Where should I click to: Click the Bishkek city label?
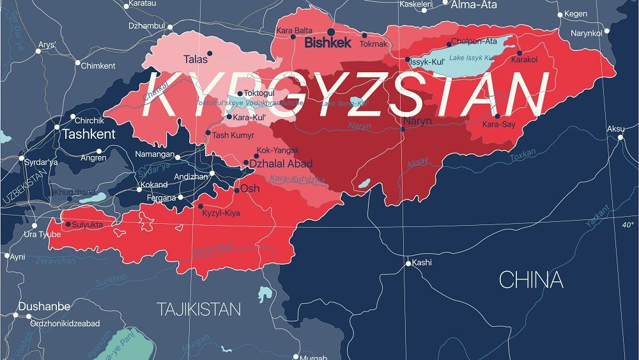point(328,43)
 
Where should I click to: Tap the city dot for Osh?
point(236,191)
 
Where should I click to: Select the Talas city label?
point(196,59)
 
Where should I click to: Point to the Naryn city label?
point(418,121)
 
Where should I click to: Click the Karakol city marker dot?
point(520,53)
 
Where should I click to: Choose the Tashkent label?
point(89,134)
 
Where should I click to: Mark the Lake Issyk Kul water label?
point(471,58)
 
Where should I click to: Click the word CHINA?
point(531,280)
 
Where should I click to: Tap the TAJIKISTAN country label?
point(199,309)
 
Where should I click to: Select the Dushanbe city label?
point(43,307)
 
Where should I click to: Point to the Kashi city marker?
point(408,263)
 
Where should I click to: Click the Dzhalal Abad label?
point(281,164)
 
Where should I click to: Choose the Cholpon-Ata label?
point(473,42)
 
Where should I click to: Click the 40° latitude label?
point(627,224)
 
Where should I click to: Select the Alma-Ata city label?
point(473,5)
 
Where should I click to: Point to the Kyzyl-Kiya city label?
point(220,213)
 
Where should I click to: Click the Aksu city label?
point(615,129)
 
